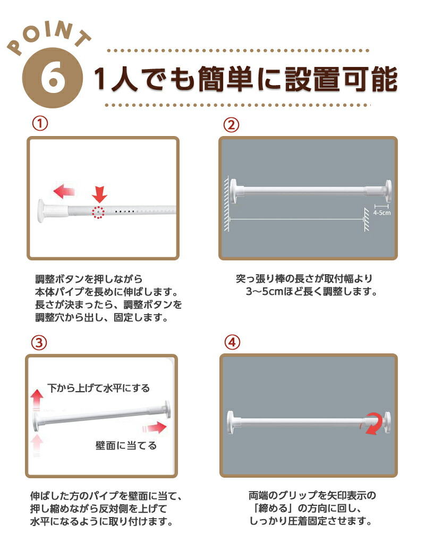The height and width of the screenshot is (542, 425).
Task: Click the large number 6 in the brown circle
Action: pos(53,79)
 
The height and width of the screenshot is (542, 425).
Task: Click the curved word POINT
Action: pos(48,36)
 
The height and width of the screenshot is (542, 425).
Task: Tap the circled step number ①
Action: pos(40,123)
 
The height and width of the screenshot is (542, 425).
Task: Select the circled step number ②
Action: pos(231,125)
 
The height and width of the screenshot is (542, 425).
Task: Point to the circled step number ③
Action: pos(39,343)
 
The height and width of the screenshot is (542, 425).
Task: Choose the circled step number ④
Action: pos(232,342)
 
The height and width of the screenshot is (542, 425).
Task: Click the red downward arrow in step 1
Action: pos(99,194)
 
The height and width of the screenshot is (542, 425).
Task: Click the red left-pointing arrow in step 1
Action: pos(64,191)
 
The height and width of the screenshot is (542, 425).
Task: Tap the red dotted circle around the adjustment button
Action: pos(98,212)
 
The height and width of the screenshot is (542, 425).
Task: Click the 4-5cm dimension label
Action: pos(382,213)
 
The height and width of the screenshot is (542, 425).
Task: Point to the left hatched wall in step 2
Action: pos(227,204)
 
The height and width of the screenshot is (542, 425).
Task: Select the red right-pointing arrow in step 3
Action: pos(155,428)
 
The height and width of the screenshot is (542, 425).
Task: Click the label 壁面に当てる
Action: pos(126,446)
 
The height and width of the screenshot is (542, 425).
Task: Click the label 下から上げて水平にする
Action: pos(99,388)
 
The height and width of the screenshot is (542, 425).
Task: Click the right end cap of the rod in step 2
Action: pos(388,190)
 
